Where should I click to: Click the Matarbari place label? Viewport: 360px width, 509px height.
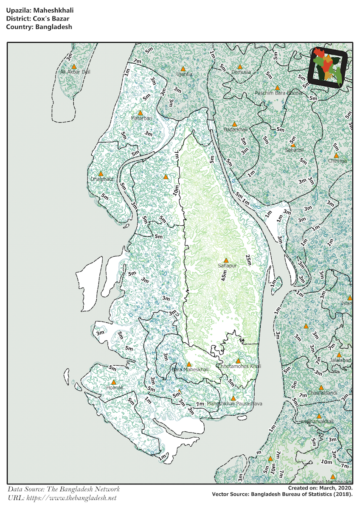pyautogui.click(x=141, y=118)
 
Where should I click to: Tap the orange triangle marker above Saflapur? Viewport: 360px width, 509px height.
pyautogui.click(x=226, y=260)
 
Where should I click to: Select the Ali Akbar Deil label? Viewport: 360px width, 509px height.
pyautogui.click(x=75, y=72)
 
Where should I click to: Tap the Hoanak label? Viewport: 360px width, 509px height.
pyautogui.click(x=115, y=388)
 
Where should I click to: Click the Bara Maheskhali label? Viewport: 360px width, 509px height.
pyautogui.click(x=190, y=370)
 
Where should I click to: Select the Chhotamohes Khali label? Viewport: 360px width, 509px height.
pyautogui.click(x=239, y=366)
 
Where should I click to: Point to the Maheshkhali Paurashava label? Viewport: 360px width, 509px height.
pyautogui.click(x=235, y=404)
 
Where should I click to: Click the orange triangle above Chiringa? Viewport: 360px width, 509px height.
pyautogui.click(x=336, y=155)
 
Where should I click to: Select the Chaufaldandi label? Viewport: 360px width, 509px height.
pyautogui.click(x=323, y=393)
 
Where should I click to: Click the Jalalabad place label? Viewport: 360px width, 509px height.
pyautogui.click(x=340, y=361)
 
